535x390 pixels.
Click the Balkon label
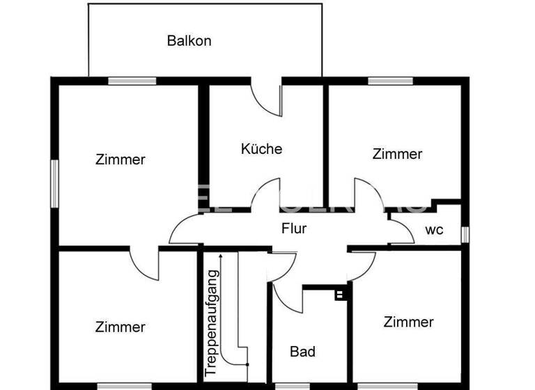tap(189, 40)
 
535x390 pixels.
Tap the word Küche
tap(261, 148)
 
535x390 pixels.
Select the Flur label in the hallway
tap(294, 228)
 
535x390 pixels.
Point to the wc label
tap(434, 230)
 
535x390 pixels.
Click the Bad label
tap(303, 352)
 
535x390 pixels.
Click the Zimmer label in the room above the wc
tap(397, 154)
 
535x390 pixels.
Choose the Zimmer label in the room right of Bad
tap(408, 322)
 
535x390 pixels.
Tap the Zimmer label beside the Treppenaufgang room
tap(121, 327)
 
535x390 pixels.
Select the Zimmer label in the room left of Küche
tap(121, 159)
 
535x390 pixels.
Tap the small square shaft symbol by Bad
tap(340, 295)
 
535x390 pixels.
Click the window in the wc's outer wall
tap(465, 234)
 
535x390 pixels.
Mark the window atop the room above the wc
tap(391, 81)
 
